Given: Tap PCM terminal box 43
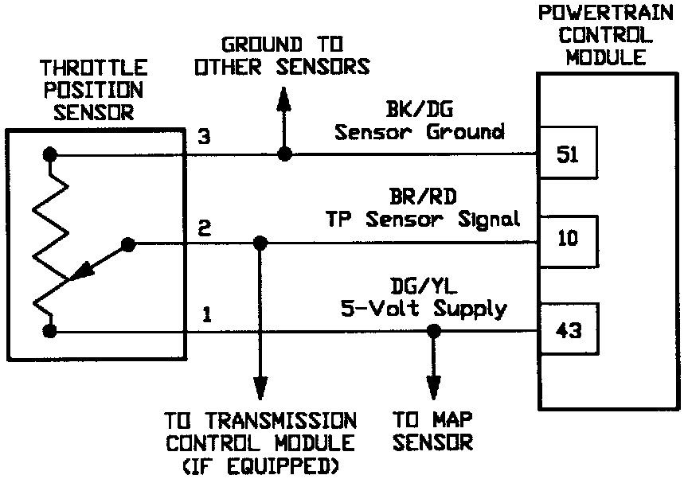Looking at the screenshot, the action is pos(569,330).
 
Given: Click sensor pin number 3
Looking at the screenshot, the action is pos(205,137).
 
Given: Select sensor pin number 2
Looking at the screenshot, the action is pos(205,229).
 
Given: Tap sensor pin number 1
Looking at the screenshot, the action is pos(206,315).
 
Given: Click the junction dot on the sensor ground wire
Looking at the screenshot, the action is pos(283,154).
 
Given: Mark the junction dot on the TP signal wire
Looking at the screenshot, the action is pos(258,243).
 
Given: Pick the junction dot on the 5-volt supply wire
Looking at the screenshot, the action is pos(433,330).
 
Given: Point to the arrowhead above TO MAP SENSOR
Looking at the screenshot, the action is pos(433,390).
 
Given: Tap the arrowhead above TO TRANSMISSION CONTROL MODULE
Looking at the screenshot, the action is pos(258,390).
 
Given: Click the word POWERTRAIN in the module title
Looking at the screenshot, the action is pos(595,14).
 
